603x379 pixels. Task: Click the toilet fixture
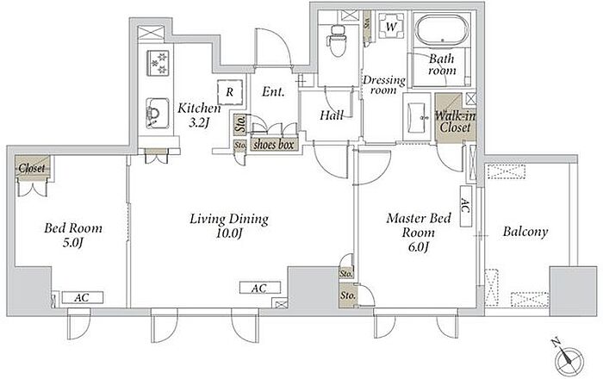point(338,40)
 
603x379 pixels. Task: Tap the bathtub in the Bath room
point(441,30)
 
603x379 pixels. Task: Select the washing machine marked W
point(391,26)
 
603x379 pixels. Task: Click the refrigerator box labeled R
point(230,92)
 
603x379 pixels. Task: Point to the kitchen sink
point(158,113)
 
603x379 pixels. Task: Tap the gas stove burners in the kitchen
point(158,63)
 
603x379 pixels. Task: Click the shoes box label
point(274,145)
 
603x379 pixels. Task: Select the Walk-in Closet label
point(455,121)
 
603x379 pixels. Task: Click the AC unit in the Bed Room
point(83,297)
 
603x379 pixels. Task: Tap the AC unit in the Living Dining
point(259,288)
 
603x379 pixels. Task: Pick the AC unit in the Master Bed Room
point(466,207)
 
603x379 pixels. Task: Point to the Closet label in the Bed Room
point(32,168)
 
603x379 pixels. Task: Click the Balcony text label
point(525,232)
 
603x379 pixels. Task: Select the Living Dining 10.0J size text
point(229,233)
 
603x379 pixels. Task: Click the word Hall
point(332,115)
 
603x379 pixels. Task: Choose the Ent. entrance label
point(273,91)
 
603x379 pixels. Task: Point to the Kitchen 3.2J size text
point(199,122)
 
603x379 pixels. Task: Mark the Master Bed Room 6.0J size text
point(418,246)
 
